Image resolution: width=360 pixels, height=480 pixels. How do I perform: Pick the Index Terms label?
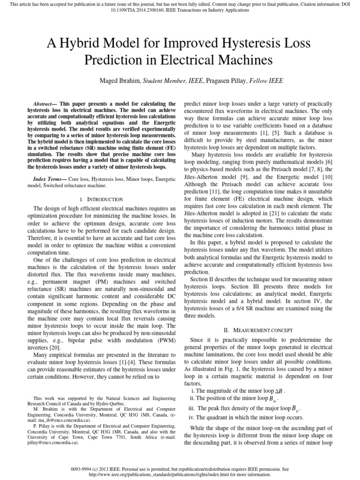tap(49, 179)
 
